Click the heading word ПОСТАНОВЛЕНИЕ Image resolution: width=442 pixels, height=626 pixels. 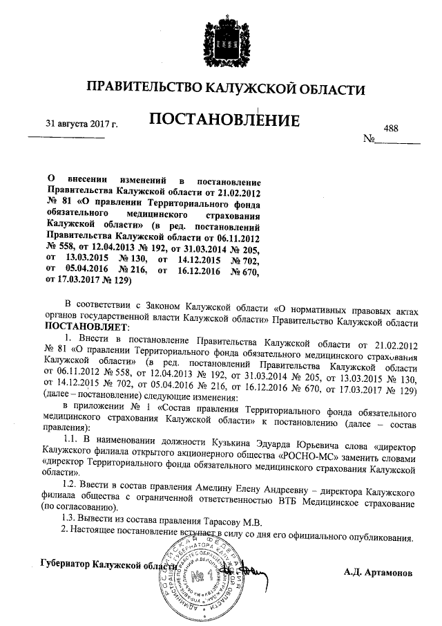[x=224, y=121]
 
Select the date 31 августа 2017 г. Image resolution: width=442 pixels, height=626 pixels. [x=81, y=124]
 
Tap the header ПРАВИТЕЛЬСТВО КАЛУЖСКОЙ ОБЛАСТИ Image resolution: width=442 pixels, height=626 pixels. [x=224, y=88]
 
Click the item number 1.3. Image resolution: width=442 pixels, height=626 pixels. [x=71, y=521]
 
